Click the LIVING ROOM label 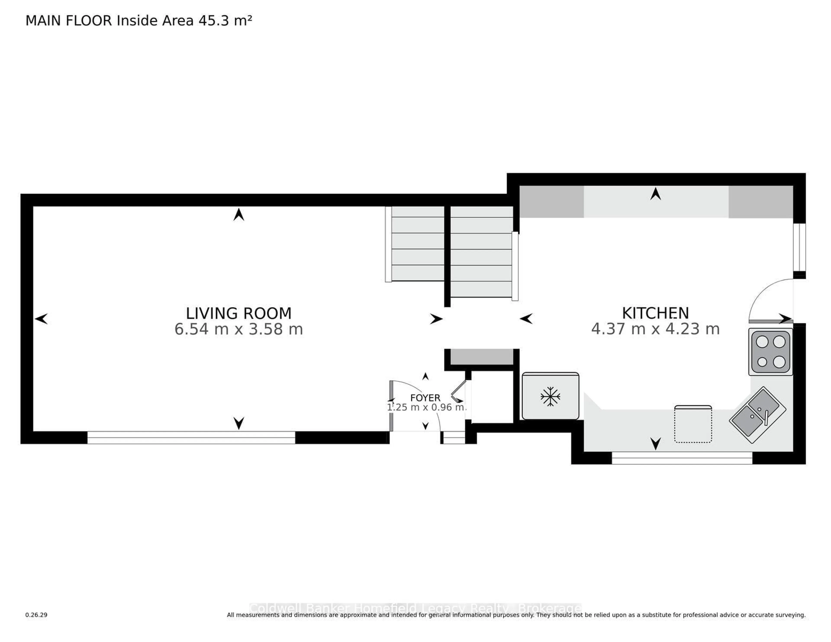click(x=238, y=313)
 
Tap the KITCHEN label click(x=655, y=313)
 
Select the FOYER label click(x=425, y=398)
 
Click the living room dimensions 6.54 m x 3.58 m click(x=238, y=329)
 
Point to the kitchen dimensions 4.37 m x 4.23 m click(x=655, y=329)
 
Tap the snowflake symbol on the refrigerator click(x=550, y=397)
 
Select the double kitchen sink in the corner click(x=757, y=415)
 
